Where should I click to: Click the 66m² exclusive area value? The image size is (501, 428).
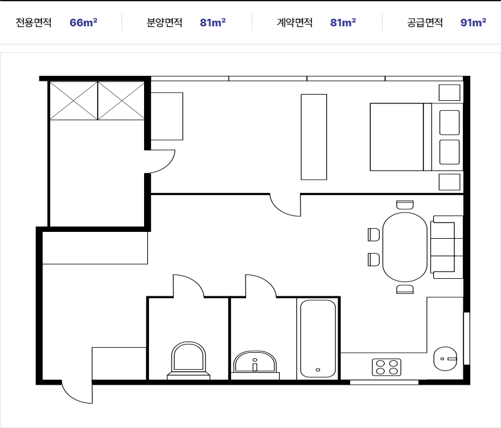(83, 23)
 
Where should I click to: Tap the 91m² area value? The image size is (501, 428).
(473, 23)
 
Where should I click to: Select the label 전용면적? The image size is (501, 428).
(34, 23)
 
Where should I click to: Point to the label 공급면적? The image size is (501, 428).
(425, 23)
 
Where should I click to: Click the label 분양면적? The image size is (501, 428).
(164, 23)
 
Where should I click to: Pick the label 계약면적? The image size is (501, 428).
(294, 23)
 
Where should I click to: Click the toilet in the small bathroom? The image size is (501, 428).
(189, 360)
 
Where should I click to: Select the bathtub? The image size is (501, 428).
(318, 338)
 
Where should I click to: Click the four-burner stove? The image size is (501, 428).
(386, 367)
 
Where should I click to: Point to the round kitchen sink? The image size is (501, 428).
(445, 358)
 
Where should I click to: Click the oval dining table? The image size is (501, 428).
(405, 247)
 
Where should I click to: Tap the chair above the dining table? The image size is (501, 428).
(405, 204)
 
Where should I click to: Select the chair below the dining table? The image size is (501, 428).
(405, 290)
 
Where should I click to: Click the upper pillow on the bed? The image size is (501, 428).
(450, 122)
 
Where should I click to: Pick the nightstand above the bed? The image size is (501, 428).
(450, 93)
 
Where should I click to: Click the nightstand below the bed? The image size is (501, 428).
(450, 182)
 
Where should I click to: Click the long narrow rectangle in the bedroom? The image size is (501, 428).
(314, 137)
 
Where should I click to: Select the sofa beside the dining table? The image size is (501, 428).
(447, 247)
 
